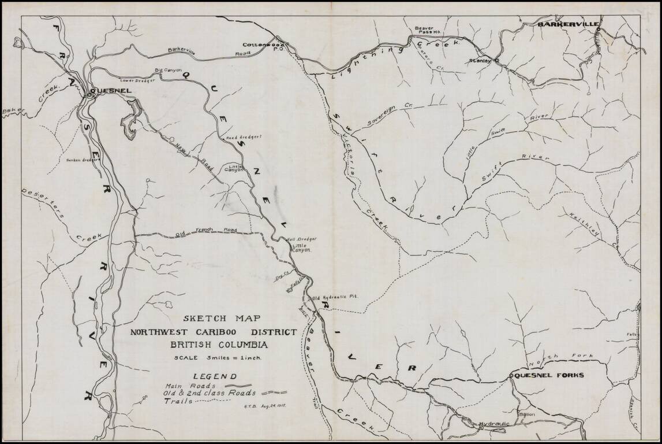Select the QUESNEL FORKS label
tap(549, 375)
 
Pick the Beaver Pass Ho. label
tap(428, 31)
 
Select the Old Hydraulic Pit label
tap(336, 296)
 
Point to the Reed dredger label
tap(243, 138)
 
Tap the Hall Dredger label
tap(300, 239)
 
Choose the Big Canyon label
tap(168, 71)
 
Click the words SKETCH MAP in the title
tap(222, 319)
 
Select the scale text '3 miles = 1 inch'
tap(219, 358)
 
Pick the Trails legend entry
tap(177, 401)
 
